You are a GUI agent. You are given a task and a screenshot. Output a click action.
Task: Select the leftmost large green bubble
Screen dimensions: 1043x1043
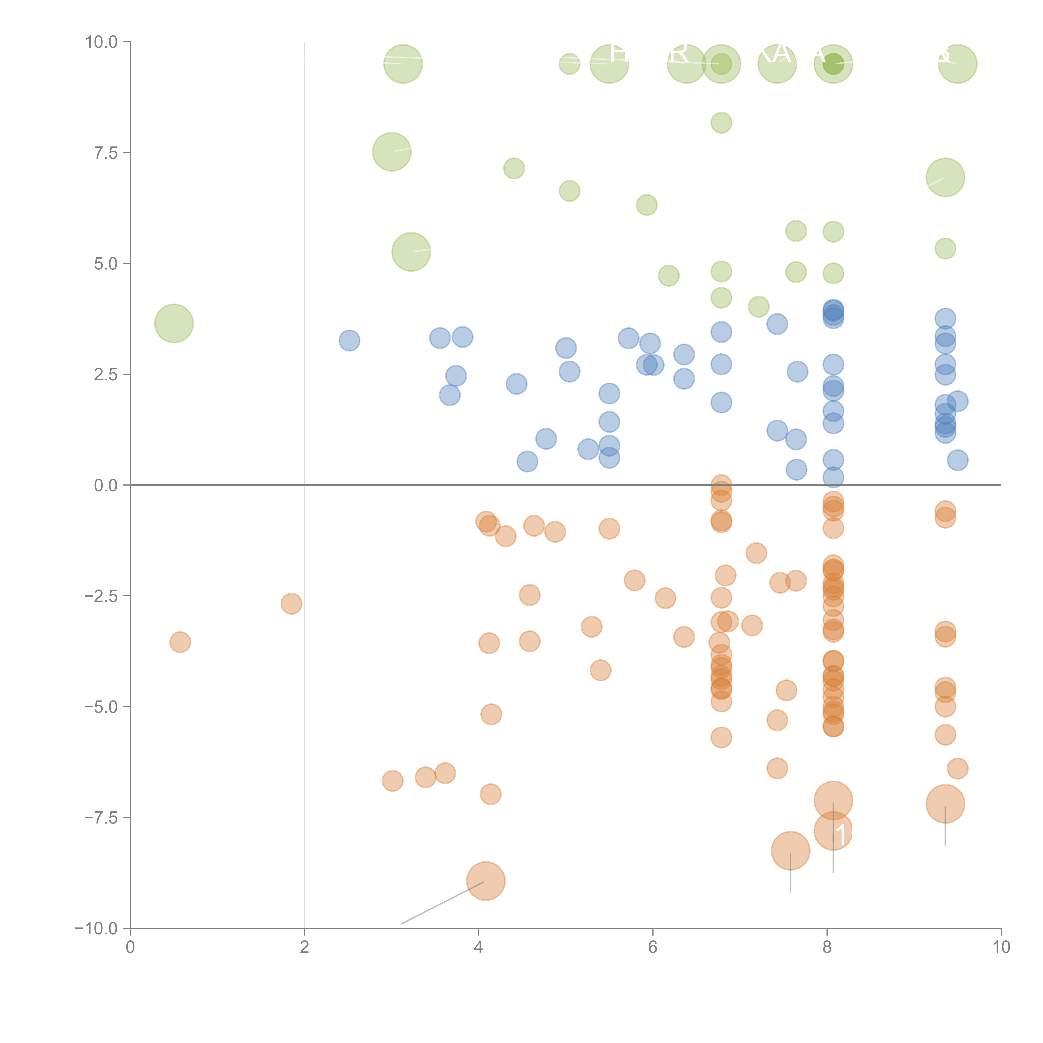[x=174, y=323]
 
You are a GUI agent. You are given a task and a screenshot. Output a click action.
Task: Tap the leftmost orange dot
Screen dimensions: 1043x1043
[x=180, y=642]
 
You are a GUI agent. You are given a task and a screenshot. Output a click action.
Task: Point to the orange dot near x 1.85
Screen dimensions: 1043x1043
[x=292, y=603]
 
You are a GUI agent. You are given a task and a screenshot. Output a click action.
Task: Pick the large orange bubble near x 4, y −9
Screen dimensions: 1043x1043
[x=486, y=881]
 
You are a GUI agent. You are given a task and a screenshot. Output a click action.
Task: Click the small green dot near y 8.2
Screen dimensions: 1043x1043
[x=721, y=122]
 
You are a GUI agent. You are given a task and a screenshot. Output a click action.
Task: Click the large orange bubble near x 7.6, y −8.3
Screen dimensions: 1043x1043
[x=790, y=851]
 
